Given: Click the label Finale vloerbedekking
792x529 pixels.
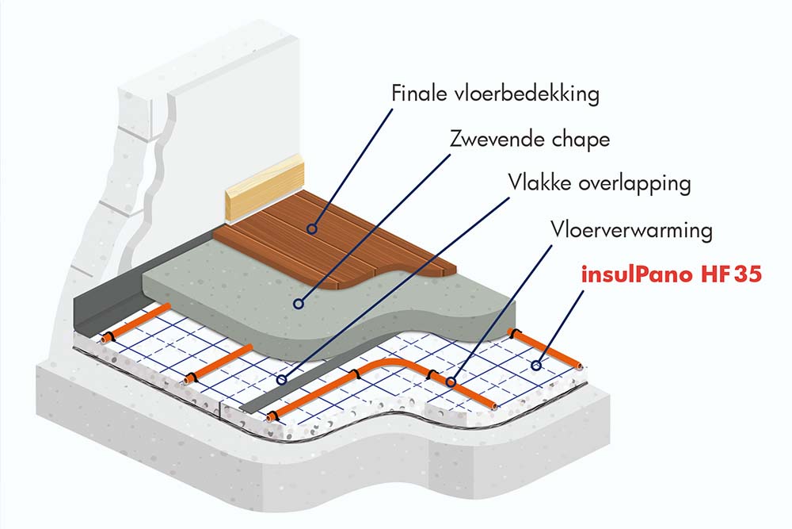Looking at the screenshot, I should click(x=495, y=94).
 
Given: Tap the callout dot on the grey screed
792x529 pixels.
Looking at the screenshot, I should click(x=299, y=302).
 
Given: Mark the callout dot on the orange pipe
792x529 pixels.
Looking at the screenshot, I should click(x=451, y=382).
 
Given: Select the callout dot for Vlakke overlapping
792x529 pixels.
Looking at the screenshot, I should click(x=281, y=381).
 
